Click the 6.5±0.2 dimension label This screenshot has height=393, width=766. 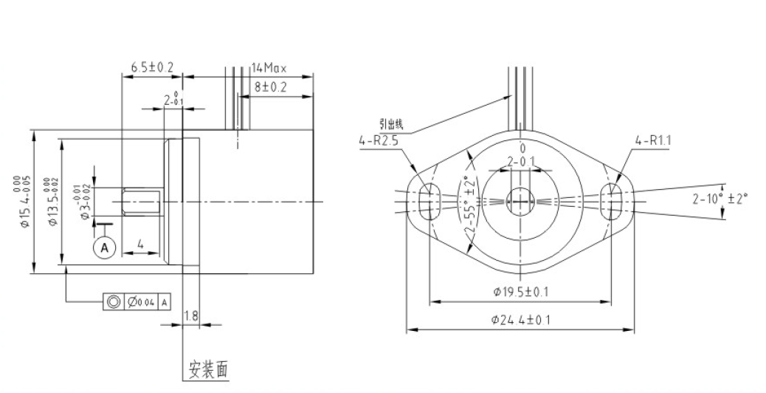tap(152, 67)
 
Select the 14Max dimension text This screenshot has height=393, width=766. tap(269, 67)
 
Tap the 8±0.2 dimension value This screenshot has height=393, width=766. tap(271, 86)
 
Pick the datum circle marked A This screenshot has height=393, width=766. tap(104, 247)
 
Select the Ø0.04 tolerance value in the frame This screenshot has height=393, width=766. tap(141, 301)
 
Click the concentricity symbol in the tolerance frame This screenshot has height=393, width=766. tap(113, 301)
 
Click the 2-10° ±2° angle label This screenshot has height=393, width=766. tap(720, 198)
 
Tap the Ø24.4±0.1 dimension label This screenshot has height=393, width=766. tap(521, 319)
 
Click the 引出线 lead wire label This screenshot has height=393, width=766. tap(391, 123)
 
